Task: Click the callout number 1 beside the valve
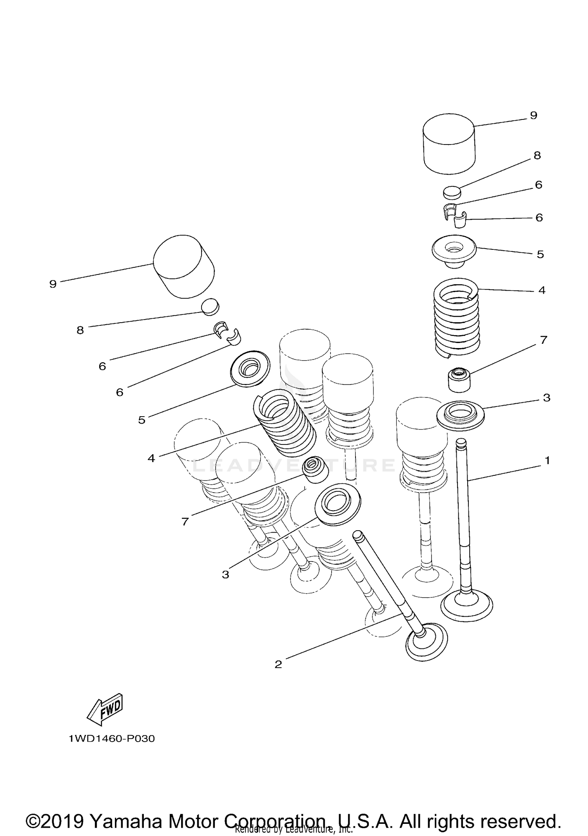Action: (547, 460)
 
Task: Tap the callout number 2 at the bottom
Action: (278, 664)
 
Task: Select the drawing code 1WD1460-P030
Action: (112, 739)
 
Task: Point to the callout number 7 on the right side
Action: (543, 340)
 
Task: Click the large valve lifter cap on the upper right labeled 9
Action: (449, 144)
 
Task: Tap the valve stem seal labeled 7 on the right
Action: (459, 379)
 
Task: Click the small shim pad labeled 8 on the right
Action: (452, 192)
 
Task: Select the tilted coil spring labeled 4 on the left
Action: (285, 425)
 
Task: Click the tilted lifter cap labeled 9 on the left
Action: (183, 266)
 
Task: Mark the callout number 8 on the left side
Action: (80, 330)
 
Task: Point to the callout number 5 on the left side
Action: (142, 420)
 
